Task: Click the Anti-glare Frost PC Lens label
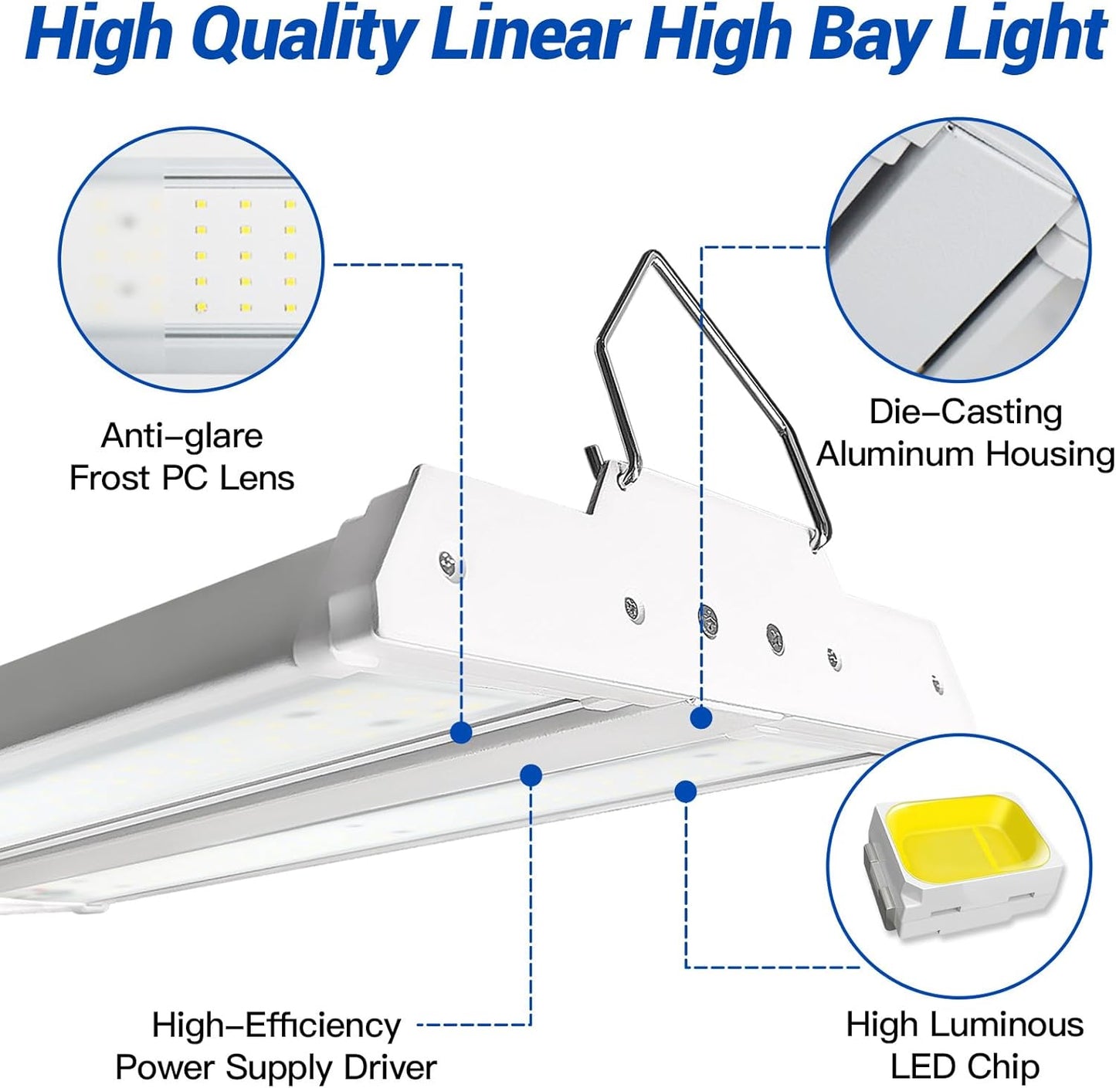pyautogui.click(x=182, y=457)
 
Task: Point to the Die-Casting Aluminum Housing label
pyautogui.click(x=965, y=433)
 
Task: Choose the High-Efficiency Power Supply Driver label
pyautogui.click(x=276, y=1046)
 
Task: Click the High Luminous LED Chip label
pyautogui.click(x=965, y=1046)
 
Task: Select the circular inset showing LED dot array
pyautogui.click(x=191, y=259)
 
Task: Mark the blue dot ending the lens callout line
pyautogui.click(x=461, y=732)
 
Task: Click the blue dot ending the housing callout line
pyautogui.click(x=700, y=718)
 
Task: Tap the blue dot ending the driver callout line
pyautogui.click(x=531, y=774)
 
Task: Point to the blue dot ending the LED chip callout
pyautogui.click(x=685, y=790)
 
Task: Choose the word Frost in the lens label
pyautogui.click(x=110, y=478)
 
